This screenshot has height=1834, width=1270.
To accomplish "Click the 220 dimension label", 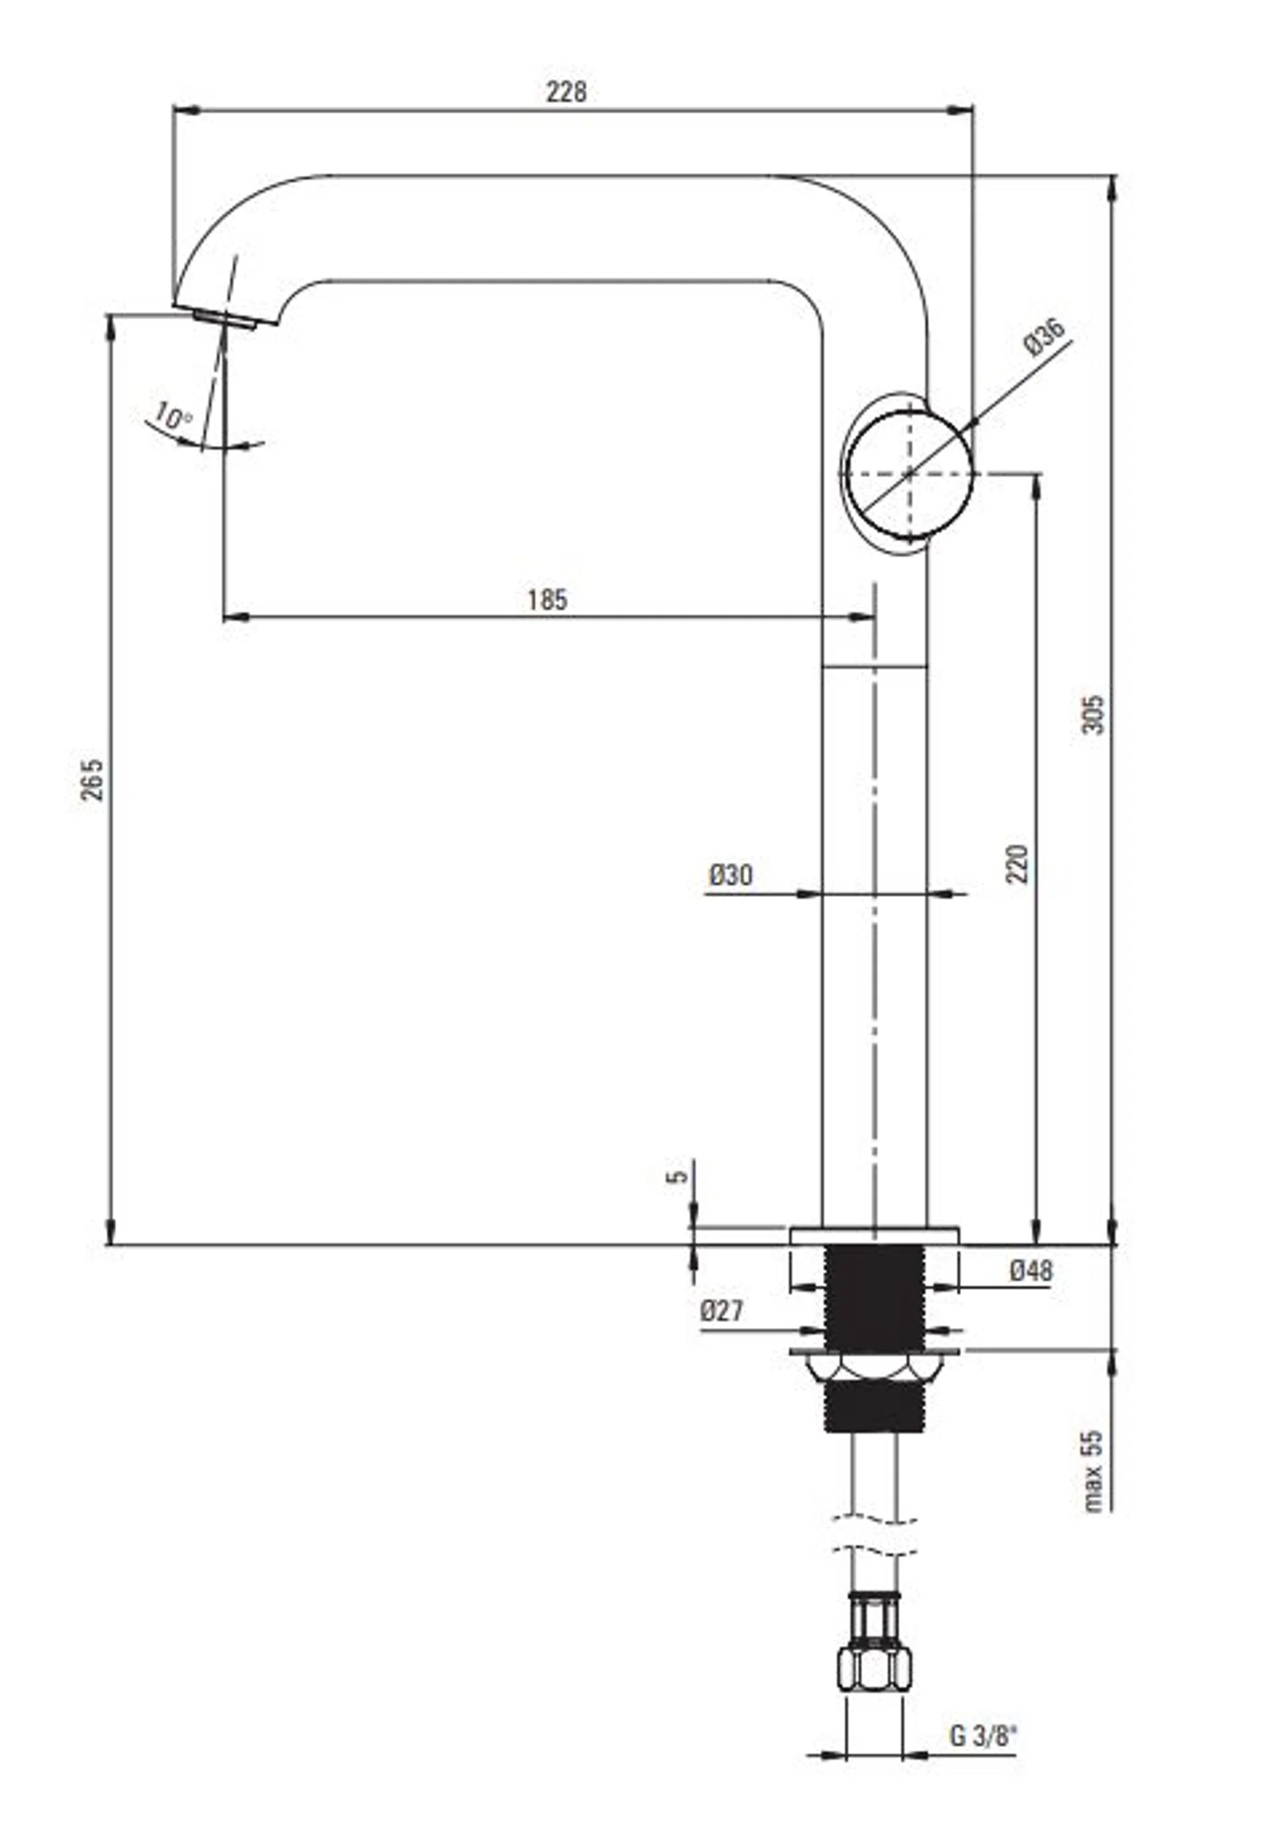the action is [x=1017, y=862].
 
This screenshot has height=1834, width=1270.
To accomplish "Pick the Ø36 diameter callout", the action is [x=1045, y=337].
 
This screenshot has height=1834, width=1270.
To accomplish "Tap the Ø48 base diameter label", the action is [x=1031, y=1271].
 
